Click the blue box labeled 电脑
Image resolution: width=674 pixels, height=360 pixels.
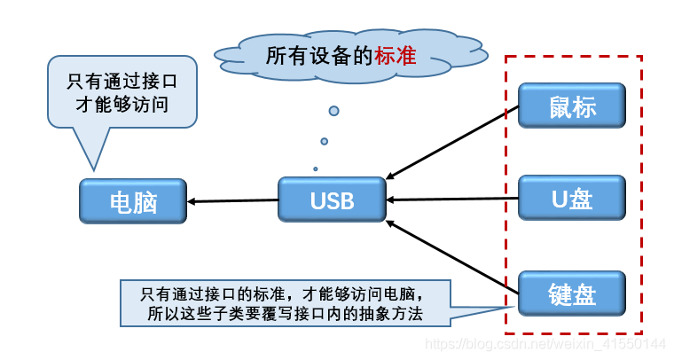(x=133, y=201)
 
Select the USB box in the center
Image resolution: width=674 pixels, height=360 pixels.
(x=332, y=200)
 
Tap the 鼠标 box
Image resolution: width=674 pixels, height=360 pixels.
(x=572, y=106)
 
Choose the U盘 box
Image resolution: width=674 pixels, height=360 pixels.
(x=572, y=198)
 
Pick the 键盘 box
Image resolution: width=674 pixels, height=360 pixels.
(x=572, y=293)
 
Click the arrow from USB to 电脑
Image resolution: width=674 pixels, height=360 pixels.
(x=233, y=200)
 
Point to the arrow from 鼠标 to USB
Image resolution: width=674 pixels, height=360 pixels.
(x=452, y=143)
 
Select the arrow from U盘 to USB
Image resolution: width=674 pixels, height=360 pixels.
(x=452, y=199)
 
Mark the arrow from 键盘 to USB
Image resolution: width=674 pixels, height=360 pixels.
(x=452, y=257)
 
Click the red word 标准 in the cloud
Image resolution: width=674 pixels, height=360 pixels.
(x=396, y=56)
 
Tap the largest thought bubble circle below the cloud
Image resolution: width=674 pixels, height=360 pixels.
(x=334, y=111)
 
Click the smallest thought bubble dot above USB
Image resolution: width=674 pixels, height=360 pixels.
(x=316, y=168)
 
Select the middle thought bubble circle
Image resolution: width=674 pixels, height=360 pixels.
(x=325, y=141)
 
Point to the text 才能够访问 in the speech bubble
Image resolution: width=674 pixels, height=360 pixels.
(x=122, y=105)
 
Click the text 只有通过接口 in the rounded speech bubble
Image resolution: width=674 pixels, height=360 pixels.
(x=122, y=82)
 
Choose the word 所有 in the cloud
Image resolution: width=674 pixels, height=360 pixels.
(x=286, y=56)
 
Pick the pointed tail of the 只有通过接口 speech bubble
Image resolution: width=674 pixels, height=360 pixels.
(x=94, y=169)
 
